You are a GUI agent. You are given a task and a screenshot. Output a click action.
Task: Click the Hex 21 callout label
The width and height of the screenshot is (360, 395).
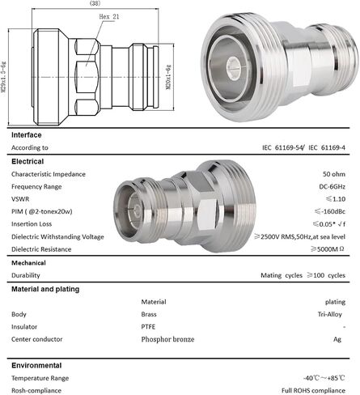pyautogui.click(x=109, y=17)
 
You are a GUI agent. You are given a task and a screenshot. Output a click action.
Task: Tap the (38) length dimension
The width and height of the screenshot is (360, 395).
pyautogui.click(x=95, y=3)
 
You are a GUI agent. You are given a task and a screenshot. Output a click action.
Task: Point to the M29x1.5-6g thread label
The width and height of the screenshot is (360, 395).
pyautogui.click(x=3, y=78)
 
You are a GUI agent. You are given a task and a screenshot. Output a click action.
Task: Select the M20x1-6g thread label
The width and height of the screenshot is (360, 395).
pyautogui.click(x=168, y=77)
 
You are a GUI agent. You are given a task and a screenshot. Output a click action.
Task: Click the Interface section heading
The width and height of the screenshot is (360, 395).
pyautogui.click(x=27, y=135)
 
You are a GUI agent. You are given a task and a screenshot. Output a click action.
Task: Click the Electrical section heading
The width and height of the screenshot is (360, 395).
pyautogui.click(x=28, y=161)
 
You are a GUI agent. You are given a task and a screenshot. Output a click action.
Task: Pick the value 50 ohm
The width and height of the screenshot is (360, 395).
pyautogui.click(x=334, y=174)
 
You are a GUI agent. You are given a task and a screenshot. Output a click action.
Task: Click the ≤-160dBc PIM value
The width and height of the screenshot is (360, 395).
pyautogui.click(x=330, y=211)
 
